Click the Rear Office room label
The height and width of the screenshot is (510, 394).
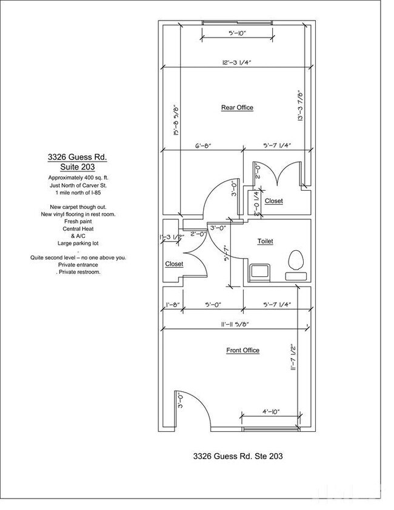237,107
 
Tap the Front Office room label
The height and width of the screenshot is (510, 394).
242,350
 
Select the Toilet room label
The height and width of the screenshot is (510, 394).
265,241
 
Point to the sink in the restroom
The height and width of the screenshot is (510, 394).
260,271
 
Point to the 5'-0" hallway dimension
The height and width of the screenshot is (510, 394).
213,305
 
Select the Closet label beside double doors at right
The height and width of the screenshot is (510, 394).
273,200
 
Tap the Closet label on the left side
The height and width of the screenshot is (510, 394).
174,264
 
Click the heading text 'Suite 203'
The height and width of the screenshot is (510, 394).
78,167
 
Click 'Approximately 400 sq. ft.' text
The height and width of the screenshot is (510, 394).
78,177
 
